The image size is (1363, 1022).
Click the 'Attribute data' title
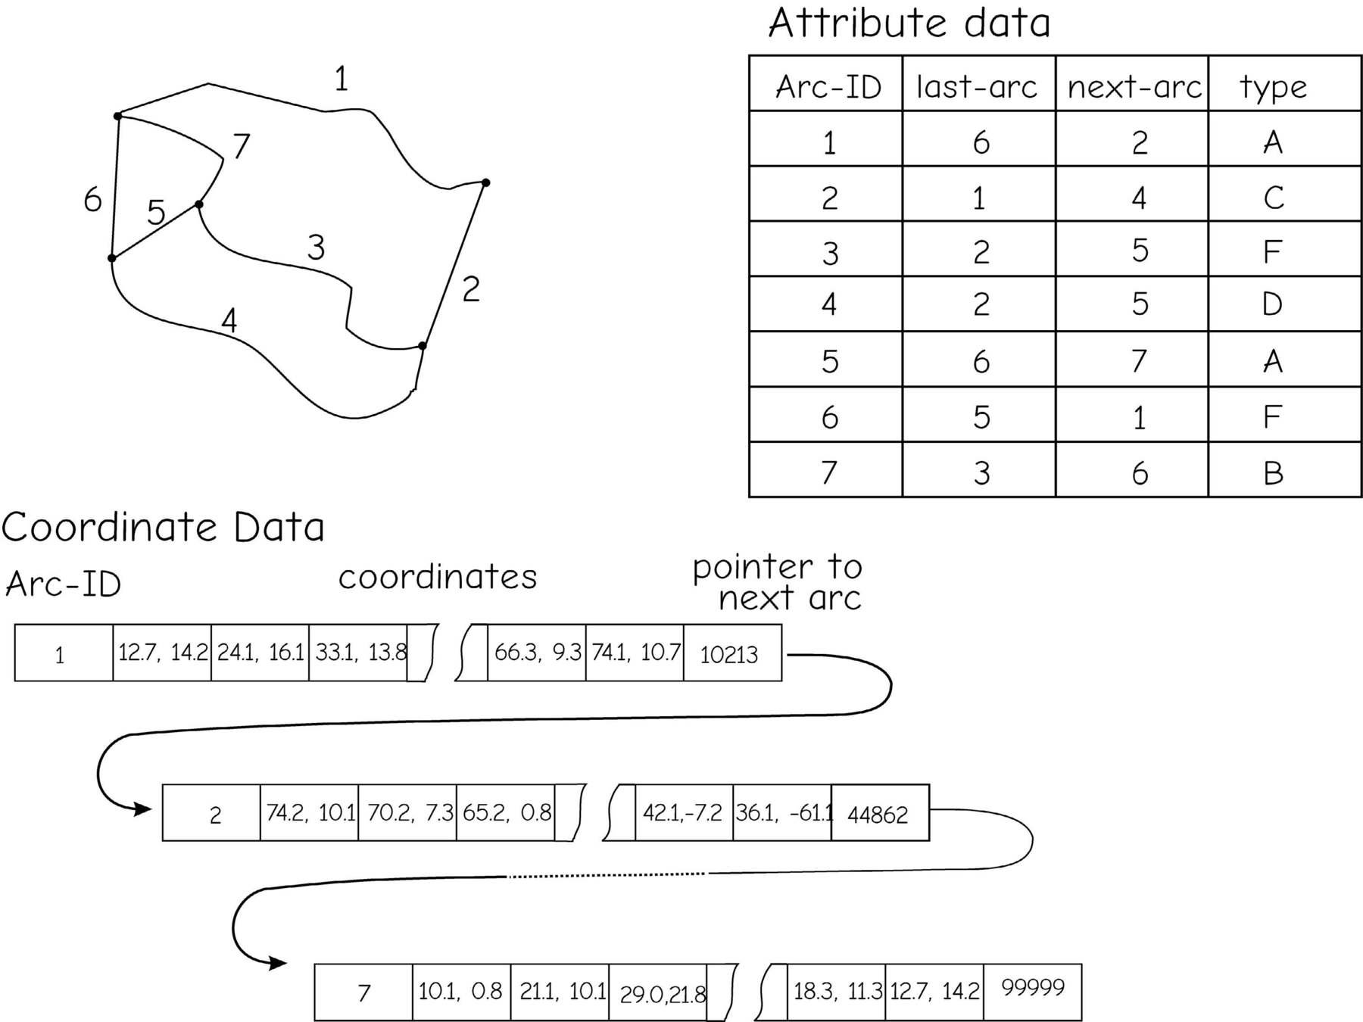pyautogui.click(x=909, y=23)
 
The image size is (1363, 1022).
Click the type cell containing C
pyautogui.click(x=1274, y=198)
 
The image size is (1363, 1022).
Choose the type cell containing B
pyautogui.click(x=1274, y=473)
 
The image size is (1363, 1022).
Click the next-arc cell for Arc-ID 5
pyautogui.click(x=1139, y=361)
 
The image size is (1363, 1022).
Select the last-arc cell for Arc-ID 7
pyautogui.click(x=981, y=473)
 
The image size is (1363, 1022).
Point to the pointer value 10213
pyautogui.click(x=728, y=654)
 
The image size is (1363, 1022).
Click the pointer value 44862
pyautogui.click(x=878, y=815)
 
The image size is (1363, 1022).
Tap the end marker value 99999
pyautogui.click(x=1033, y=988)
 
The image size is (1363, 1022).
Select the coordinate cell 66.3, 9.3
pyautogui.click(x=538, y=653)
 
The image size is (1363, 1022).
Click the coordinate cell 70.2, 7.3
pyautogui.click(x=410, y=813)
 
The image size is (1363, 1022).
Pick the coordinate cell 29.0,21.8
pyautogui.click(x=661, y=993)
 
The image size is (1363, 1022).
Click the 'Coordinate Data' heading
pyautogui.click(x=163, y=528)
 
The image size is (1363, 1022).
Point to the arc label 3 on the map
pyautogui.click(x=316, y=248)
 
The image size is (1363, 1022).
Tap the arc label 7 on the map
pyautogui.click(x=242, y=146)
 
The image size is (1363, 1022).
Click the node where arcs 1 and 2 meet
pyautogui.click(x=485, y=182)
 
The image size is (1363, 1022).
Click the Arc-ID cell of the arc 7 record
pyautogui.click(x=364, y=992)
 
